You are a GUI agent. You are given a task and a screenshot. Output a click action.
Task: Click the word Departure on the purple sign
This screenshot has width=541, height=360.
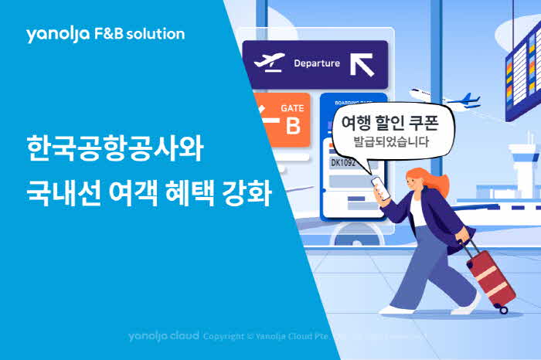click(x=316, y=63)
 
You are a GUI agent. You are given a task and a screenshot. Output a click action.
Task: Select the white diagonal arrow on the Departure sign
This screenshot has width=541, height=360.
click(x=362, y=63)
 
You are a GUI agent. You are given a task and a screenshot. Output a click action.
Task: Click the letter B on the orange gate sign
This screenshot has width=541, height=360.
click(x=293, y=126)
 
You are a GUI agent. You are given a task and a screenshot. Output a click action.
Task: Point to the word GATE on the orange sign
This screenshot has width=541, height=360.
click(x=292, y=108)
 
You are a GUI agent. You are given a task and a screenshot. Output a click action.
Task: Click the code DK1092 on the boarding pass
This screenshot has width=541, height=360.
click(x=343, y=163)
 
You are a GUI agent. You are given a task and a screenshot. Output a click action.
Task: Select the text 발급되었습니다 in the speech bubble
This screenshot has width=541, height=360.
click(x=390, y=142)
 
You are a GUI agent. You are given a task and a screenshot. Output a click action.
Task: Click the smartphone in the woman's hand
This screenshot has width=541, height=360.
click(x=376, y=186)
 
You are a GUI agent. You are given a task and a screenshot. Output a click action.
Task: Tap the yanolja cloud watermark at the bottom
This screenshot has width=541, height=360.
click(x=163, y=337)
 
